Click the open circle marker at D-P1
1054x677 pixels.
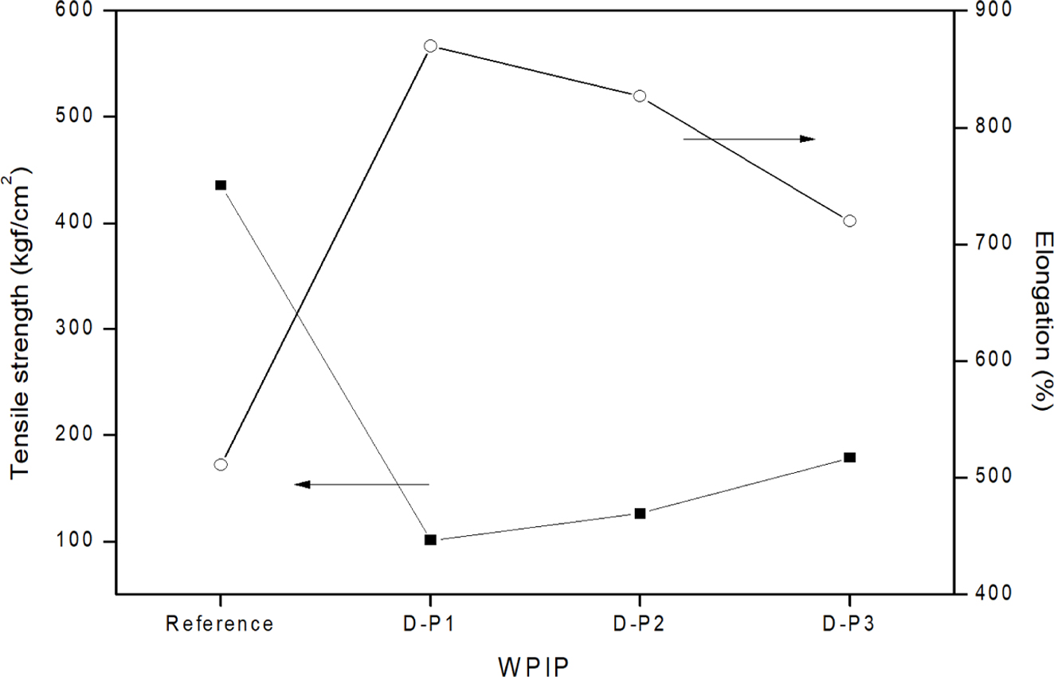coord(430,46)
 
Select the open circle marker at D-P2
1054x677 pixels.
coord(639,96)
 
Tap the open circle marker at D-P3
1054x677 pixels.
coord(849,221)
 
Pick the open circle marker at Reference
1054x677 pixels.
coord(221,464)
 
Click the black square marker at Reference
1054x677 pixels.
coord(221,185)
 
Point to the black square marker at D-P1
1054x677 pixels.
coord(430,540)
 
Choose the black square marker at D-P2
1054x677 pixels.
coord(639,514)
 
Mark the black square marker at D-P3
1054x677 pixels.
coord(849,458)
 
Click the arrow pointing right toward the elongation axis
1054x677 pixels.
coord(749,139)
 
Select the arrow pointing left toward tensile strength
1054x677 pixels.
coord(362,484)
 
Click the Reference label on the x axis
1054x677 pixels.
coord(220,624)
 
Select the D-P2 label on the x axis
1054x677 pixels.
coord(639,624)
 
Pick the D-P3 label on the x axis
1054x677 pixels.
coord(849,624)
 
